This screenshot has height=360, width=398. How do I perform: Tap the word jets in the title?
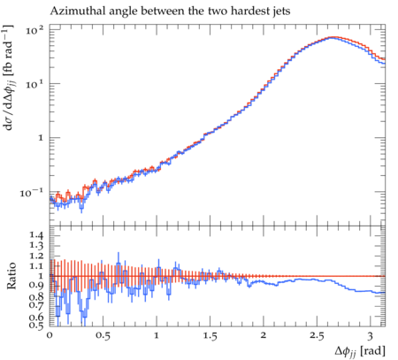click(x=281, y=11)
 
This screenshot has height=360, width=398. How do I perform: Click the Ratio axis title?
click(x=11, y=276)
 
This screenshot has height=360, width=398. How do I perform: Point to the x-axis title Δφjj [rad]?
click(x=360, y=351)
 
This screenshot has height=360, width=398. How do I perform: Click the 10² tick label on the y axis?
click(x=34, y=30)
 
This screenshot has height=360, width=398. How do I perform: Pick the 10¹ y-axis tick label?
click(x=34, y=84)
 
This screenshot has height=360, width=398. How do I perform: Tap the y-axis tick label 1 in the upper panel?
click(x=41, y=138)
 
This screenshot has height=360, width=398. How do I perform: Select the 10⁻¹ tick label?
click(x=32, y=193)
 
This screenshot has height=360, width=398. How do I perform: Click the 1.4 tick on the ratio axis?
click(x=36, y=235)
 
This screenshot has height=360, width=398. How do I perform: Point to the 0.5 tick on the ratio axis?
click(x=36, y=325)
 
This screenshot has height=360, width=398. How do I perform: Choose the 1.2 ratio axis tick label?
click(x=36, y=256)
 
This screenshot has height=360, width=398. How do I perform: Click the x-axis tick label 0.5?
click(x=103, y=336)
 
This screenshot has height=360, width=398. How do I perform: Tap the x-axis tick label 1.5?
click(x=210, y=336)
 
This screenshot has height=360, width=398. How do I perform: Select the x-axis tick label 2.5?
click(x=317, y=336)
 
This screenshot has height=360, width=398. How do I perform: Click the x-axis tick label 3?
click(x=371, y=336)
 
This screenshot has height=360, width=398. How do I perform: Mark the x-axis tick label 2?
click(x=264, y=336)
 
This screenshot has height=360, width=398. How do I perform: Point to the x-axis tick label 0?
click(x=50, y=336)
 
